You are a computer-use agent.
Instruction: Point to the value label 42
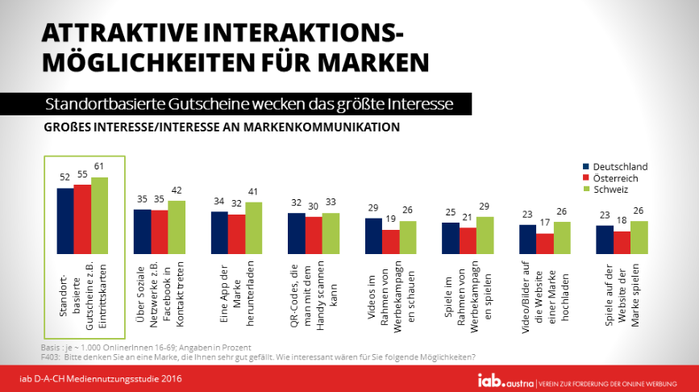tap(176, 191)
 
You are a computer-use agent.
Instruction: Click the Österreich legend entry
tap(616, 178)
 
